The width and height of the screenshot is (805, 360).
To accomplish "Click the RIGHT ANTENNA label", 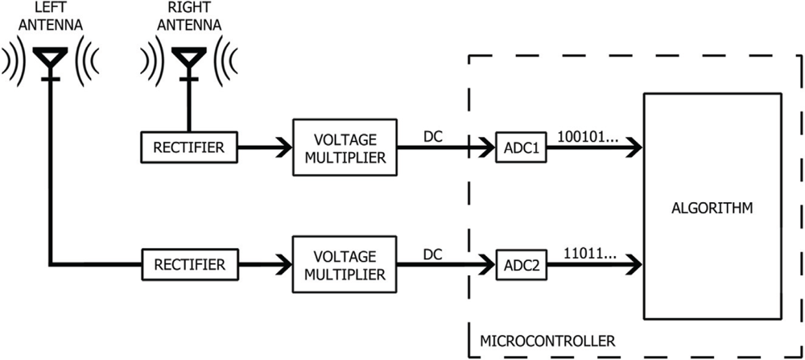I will point(189,16).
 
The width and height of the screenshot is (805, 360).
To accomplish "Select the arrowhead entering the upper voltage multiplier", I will point(283,147).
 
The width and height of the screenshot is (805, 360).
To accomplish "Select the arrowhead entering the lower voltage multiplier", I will point(283,263).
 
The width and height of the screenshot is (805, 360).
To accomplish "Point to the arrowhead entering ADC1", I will point(485,147).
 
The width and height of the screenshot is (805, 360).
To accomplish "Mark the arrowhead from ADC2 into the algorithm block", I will point(632,263).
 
